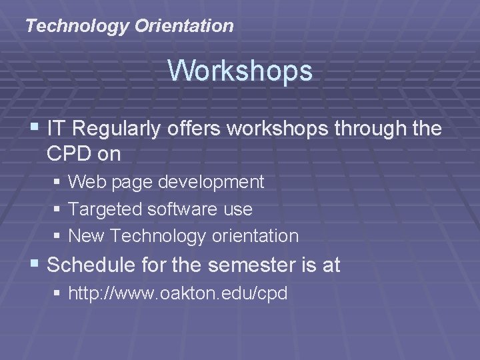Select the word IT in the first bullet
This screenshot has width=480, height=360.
pyautogui.click(x=56, y=129)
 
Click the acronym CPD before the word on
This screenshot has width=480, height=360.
pyautogui.click(x=71, y=154)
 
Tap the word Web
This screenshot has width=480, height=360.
pyautogui.click(x=85, y=181)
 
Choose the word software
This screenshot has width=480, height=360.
pyautogui.click(x=181, y=209)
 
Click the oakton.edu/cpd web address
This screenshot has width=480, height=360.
pyautogui.click(x=178, y=293)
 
